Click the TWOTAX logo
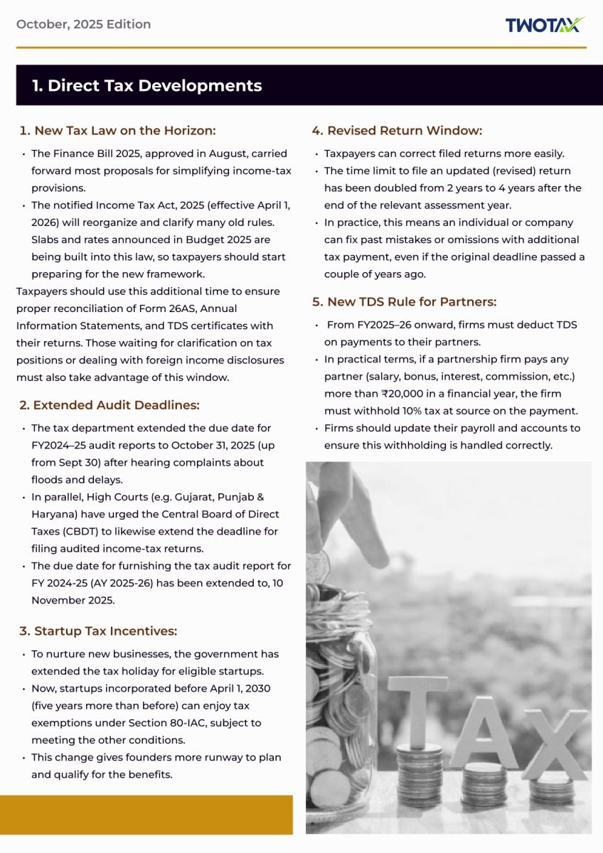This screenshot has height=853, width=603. pyautogui.click(x=545, y=25)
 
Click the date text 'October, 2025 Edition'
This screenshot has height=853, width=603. pyautogui.click(x=83, y=24)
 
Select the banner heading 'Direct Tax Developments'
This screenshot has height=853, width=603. pyautogui.click(x=146, y=85)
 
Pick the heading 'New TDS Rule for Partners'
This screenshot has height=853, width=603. pyautogui.click(x=404, y=302)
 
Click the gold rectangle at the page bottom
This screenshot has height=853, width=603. pyautogui.click(x=146, y=814)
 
